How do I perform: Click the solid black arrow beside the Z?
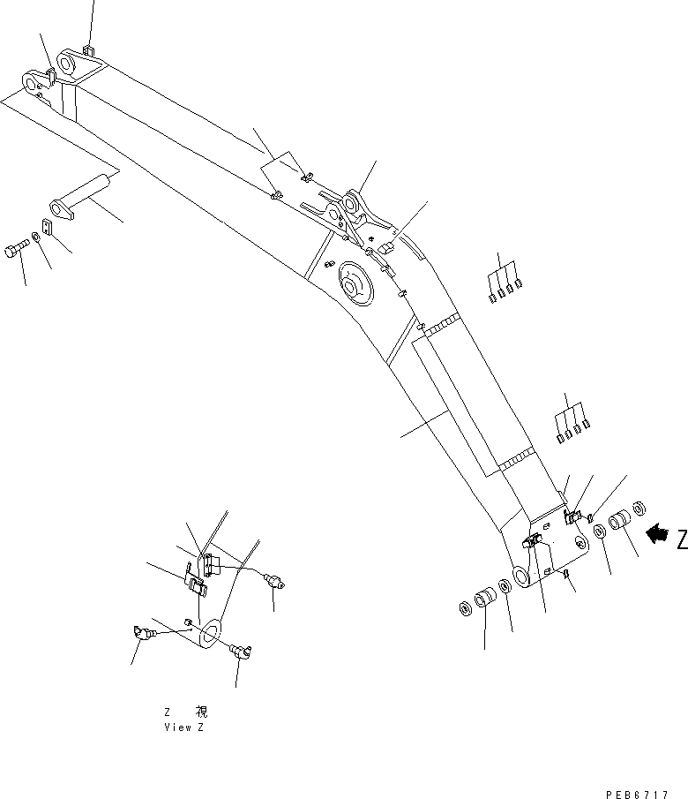click(657, 533)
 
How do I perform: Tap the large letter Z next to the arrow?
click(682, 539)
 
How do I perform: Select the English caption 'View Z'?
click(186, 727)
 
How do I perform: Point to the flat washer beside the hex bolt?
click(34, 237)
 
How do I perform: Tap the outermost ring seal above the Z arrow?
click(640, 508)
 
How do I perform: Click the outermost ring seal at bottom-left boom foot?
click(464, 609)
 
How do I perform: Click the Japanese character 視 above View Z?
click(201, 712)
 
